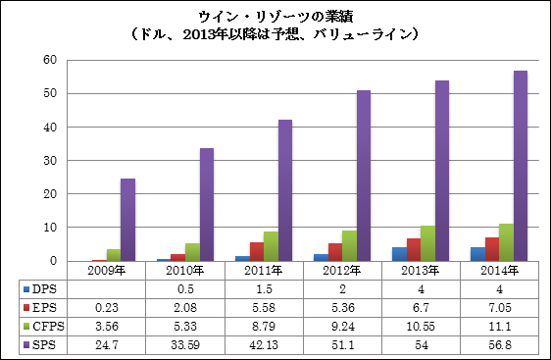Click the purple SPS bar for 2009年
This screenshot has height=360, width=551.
(x=127, y=220)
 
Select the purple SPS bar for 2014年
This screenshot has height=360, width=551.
(x=521, y=166)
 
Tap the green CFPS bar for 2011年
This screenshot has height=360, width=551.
(x=271, y=246)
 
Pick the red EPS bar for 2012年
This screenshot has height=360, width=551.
(x=335, y=252)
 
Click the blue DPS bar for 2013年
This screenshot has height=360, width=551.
(x=400, y=254)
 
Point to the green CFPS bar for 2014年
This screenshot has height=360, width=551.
(x=506, y=242)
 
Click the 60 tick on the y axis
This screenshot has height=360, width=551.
(x=50, y=60)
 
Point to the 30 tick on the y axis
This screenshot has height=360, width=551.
(x=50, y=161)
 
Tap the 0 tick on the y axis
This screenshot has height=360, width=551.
(x=53, y=261)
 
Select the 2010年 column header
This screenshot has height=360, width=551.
(x=185, y=271)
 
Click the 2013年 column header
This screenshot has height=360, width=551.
(x=421, y=271)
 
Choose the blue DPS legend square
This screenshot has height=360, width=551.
(x=26, y=289)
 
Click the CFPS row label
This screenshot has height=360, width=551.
(x=48, y=327)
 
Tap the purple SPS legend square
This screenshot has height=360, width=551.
(x=26, y=345)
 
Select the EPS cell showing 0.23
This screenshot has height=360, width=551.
(x=107, y=308)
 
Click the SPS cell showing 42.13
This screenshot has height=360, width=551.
(x=264, y=345)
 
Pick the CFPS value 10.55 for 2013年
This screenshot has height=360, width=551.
(x=421, y=327)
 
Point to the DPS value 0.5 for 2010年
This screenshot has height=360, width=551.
(x=185, y=289)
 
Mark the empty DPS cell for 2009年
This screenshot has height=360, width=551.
(x=106, y=289)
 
